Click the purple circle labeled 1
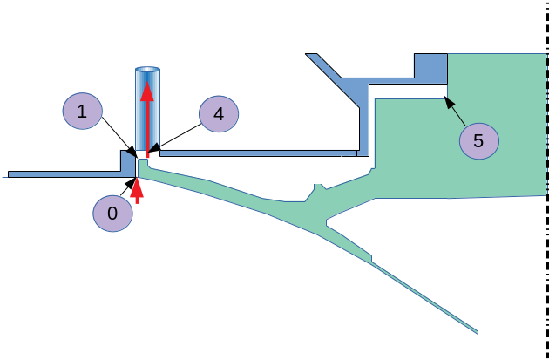tap(82, 112)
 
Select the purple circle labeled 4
tap(219, 114)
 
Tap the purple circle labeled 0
tap(112, 213)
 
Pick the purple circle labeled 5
tap(478, 139)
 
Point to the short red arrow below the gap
tap(136, 189)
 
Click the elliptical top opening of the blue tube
tap(147, 70)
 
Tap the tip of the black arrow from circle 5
tap(446, 98)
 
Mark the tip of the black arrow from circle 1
tap(136, 156)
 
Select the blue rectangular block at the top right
tap(430, 68)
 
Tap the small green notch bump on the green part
tap(319, 187)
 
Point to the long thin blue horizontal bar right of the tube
tap(261, 153)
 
